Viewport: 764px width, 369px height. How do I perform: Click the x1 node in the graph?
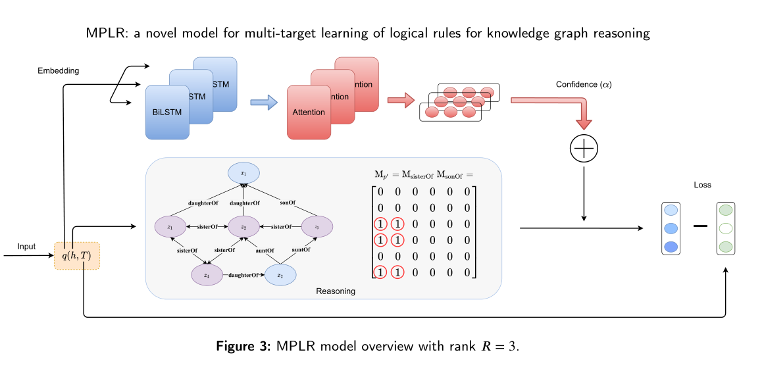point(243,173)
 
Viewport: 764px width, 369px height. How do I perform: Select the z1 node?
point(170,227)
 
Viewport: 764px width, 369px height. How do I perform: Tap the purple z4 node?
point(207,275)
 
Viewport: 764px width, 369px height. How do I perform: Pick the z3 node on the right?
point(317,227)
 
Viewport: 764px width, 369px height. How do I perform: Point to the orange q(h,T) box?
point(77,256)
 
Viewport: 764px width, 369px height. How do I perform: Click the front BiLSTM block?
point(167,112)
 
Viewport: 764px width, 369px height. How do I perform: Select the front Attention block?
point(309,112)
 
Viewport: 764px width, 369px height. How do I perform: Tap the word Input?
point(26,247)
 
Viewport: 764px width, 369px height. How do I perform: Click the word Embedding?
point(58,70)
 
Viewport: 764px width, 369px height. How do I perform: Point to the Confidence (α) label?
point(584,84)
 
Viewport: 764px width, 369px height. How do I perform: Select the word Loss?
point(703,185)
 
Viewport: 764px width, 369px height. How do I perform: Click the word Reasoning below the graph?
point(336,291)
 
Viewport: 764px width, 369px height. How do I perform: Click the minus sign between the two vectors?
point(700,226)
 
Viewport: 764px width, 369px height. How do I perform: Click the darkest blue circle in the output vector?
point(671,247)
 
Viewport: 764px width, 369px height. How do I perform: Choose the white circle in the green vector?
point(726,229)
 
